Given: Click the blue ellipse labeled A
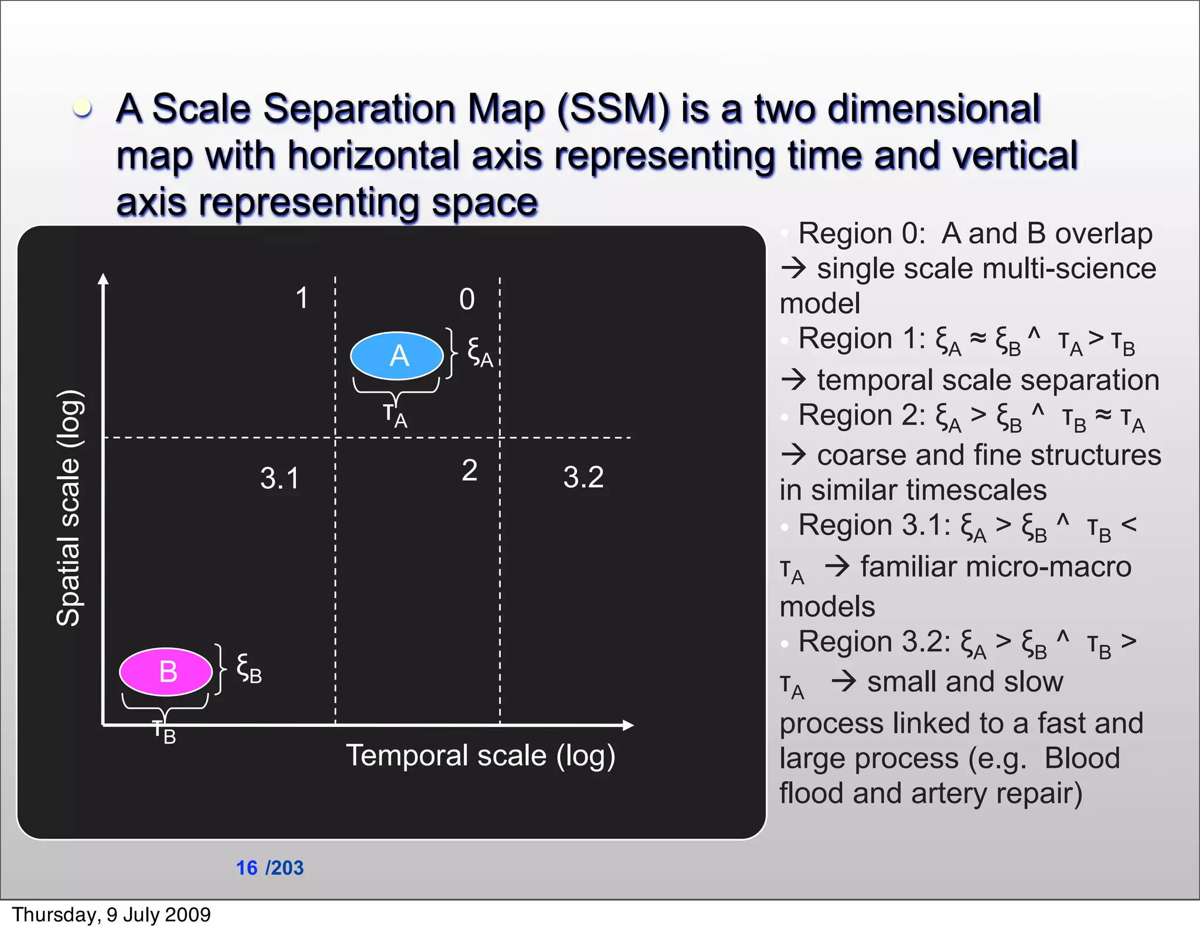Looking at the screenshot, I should (x=397, y=356).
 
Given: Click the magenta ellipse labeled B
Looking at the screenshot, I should (x=166, y=671).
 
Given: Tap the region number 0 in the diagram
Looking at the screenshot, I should (x=467, y=299).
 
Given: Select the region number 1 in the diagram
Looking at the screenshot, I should (x=302, y=298).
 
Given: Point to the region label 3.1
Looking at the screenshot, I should (x=279, y=478).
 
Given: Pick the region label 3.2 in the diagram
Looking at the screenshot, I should (x=583, y=477).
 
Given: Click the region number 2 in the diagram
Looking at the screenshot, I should (x=469, y=470).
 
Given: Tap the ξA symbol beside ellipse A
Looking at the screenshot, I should (x=479, y=352).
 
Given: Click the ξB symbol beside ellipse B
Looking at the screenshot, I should (x=248, y=668).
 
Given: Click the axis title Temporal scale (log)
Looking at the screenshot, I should (x=480, y=756).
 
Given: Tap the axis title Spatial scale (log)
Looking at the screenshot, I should (x=69, y=507).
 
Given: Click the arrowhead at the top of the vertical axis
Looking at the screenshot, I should (x=104, y=279).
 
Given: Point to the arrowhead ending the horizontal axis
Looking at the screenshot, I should (x=628, y=725).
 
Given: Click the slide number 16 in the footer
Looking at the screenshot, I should (x=247, y=868).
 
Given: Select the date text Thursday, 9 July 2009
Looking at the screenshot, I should (x=111, y=915).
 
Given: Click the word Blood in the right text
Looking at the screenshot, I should (x=1082, y=758).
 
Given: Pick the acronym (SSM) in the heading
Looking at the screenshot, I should (x=613, y=109).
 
